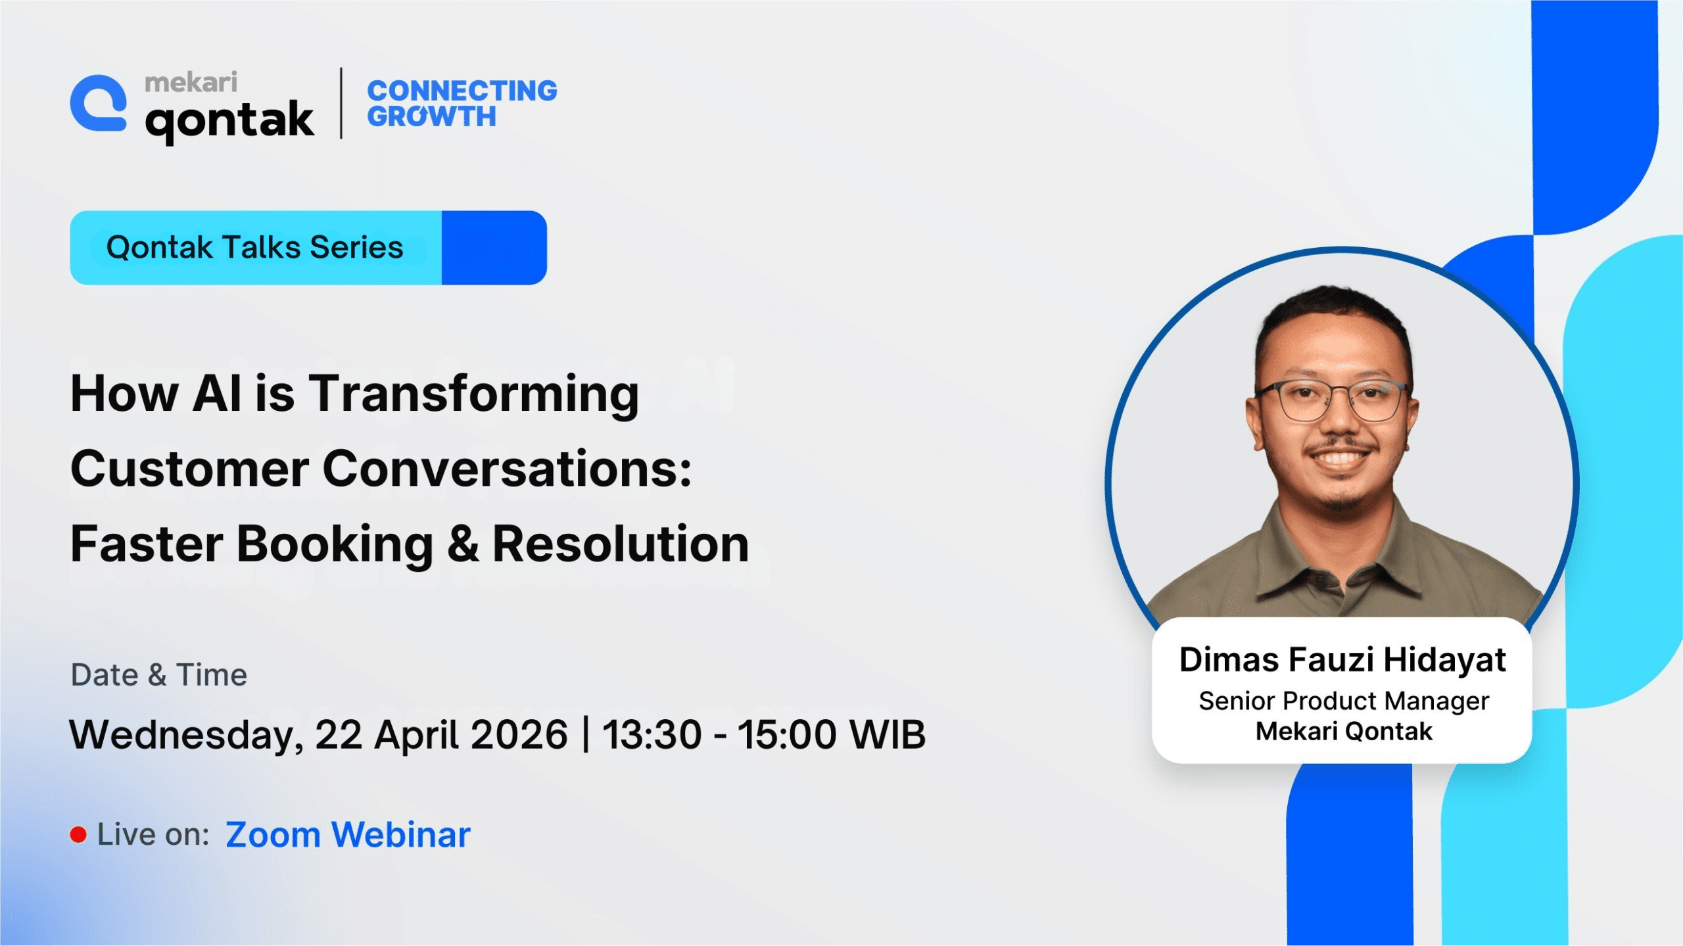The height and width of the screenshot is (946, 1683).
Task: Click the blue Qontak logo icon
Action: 99,103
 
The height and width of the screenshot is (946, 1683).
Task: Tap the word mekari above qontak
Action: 191,82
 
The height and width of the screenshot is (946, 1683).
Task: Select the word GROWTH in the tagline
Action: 431,116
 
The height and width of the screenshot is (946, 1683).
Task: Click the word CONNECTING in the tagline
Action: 462,91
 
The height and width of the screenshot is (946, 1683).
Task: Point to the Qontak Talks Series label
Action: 254,247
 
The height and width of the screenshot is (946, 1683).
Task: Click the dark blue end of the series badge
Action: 494,248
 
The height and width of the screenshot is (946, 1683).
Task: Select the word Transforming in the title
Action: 473,394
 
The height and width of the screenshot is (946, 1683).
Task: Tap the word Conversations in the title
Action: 507,469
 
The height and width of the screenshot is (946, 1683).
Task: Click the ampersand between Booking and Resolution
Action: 463,544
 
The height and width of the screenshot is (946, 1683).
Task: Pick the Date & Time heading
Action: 158,675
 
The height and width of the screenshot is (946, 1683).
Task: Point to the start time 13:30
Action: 652,734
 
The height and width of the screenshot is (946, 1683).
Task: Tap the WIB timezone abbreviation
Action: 888,734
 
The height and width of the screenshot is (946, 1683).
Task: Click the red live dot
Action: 78,835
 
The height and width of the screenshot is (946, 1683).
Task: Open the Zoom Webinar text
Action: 348,835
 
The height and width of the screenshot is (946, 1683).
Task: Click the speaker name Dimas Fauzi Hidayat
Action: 1342,660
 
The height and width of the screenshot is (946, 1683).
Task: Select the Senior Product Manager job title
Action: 1344,701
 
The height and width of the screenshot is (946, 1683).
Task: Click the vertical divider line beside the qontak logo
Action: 341,103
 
